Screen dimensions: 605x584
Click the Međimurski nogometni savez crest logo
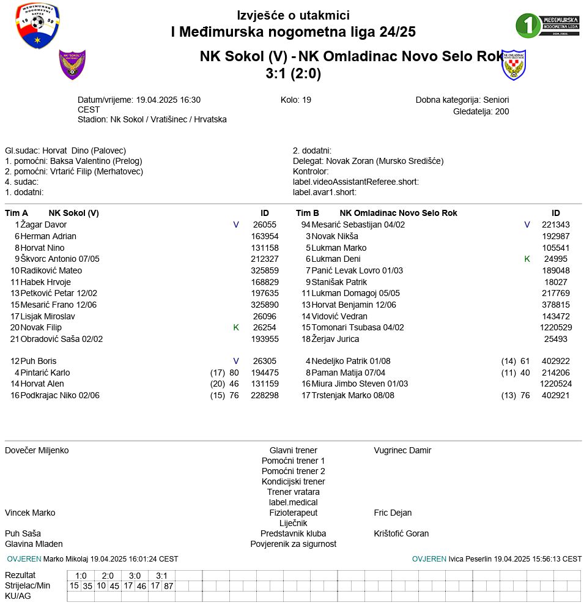point(37,26)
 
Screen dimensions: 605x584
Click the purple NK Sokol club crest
point(72,64)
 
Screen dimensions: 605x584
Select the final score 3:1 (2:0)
point(293,73)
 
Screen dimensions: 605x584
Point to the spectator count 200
point(502,111)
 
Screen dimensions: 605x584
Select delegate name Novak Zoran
point(349,161)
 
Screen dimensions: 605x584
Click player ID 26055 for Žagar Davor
point(265,225)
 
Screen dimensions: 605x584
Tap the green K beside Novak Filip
point(236,327)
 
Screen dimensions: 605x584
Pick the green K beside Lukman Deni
point(527,259)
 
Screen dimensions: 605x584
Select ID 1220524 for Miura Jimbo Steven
point(556,384)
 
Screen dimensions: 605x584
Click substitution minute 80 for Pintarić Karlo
point(234,373)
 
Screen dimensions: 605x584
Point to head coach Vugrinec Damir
point(402,450)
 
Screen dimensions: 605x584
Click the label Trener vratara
point(293,492)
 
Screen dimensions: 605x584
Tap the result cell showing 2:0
point(108,576)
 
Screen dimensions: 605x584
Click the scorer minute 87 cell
point(169,586)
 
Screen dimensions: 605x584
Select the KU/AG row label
point(18,596)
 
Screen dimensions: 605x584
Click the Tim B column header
point(308,213)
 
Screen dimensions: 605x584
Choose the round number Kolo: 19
point(296,100)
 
